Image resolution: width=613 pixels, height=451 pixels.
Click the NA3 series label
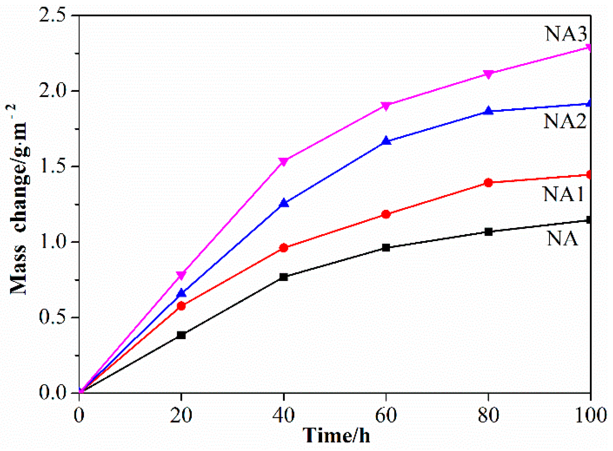click(x=566, y=34)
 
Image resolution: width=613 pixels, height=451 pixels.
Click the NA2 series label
click(x=564, y=121)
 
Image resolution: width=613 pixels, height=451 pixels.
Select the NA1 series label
click(x=563, y=194)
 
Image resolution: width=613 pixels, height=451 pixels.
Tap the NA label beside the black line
click(x=562, y=239)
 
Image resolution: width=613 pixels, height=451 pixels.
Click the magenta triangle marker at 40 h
click(x=283, y=161)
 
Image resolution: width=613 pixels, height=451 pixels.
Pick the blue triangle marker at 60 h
click(x=386, y=141)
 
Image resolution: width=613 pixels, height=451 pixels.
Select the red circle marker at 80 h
click(x=488, y=183)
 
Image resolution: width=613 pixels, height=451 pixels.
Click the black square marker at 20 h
click(x=181, y=335)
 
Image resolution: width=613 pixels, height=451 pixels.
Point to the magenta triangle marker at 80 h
click(x=488, y=74)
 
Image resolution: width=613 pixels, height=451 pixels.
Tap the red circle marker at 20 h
click(x=181, y=306)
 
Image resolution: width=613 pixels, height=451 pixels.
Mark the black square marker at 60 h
click(x=386, y=247)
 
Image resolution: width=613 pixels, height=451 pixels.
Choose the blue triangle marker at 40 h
click(x=284, y=203)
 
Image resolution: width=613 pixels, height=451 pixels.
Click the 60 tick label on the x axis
click(x=386, y=415)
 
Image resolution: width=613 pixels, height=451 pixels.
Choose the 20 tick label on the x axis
click(x=181, y=415)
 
